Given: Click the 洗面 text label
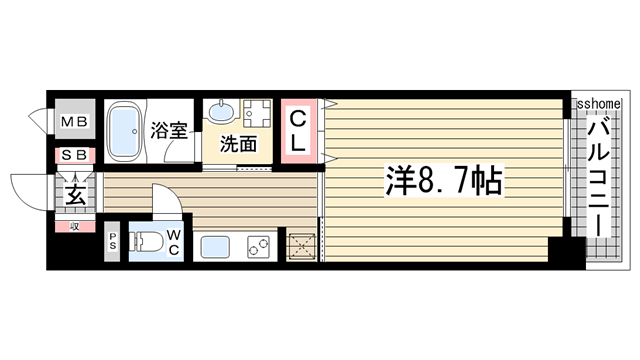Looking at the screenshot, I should (x=240, y=144).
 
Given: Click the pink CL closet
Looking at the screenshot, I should (x=298, y=131).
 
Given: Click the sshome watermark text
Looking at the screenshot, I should (x=598, y=103).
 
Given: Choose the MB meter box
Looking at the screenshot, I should (x=75, y=123).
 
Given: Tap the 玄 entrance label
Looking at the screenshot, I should (x=76, y=194).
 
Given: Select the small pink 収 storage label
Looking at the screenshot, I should (x=74, y=227).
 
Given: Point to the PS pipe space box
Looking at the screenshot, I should (x=113, y=241).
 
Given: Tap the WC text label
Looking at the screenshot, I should (x=173, y=242).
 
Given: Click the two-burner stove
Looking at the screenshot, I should (x=258, y=244).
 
